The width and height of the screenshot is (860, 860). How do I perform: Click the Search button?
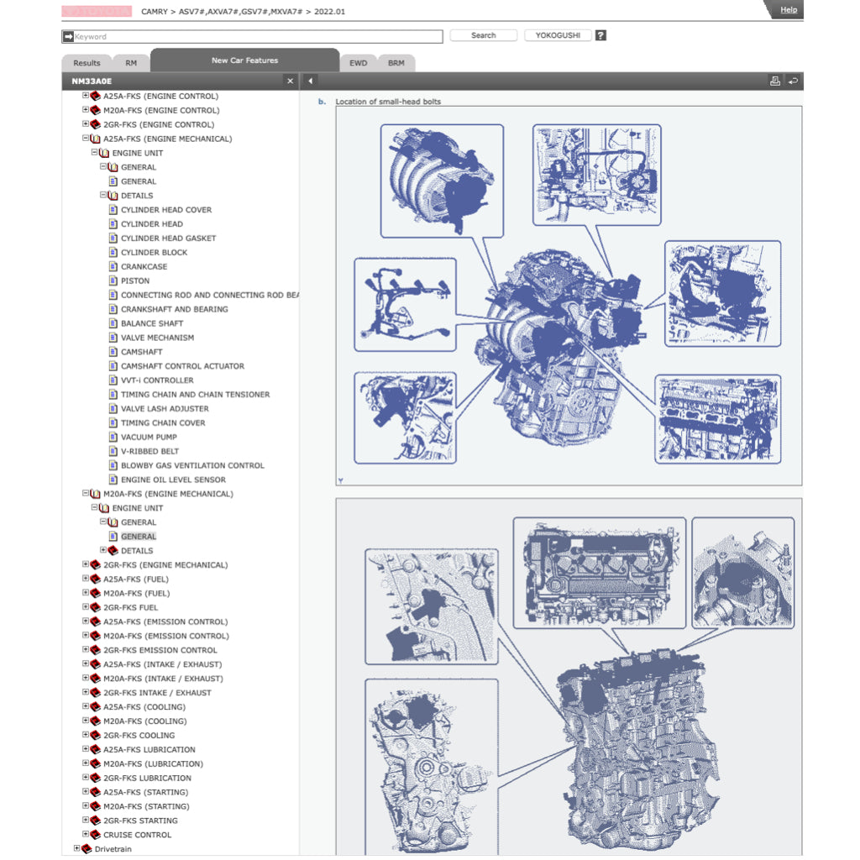[483, 35]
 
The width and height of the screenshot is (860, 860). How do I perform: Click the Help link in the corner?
[788, 10]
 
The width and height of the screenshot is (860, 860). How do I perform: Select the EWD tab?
[358, 63]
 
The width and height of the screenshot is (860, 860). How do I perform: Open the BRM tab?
[396, 63]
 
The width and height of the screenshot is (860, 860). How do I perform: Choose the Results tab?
[87, 63]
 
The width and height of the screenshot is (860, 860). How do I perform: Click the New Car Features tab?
[244, 60]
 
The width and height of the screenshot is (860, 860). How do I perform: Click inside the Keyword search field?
[252, 37]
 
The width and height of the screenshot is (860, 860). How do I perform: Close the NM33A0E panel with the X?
[290, 81]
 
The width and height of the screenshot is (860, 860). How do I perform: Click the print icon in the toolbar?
[775, 81]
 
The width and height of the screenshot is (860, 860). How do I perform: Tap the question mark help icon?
[601, 35]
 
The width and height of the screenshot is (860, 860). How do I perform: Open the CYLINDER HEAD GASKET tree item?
[168, 238]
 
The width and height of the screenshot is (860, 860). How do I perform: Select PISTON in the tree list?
[135, 281]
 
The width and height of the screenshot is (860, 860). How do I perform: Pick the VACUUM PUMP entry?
[149, 437]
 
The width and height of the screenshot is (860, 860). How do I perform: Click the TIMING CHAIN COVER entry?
[163, 423]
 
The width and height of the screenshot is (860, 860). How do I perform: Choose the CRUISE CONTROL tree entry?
[137, 835]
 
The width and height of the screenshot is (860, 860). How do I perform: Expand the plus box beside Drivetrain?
[76, 848]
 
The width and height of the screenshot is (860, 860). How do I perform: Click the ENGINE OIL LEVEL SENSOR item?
[173, 480]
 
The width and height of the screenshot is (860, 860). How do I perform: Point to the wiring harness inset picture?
[406, 304]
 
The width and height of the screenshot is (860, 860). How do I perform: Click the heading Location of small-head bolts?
[388, 102]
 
